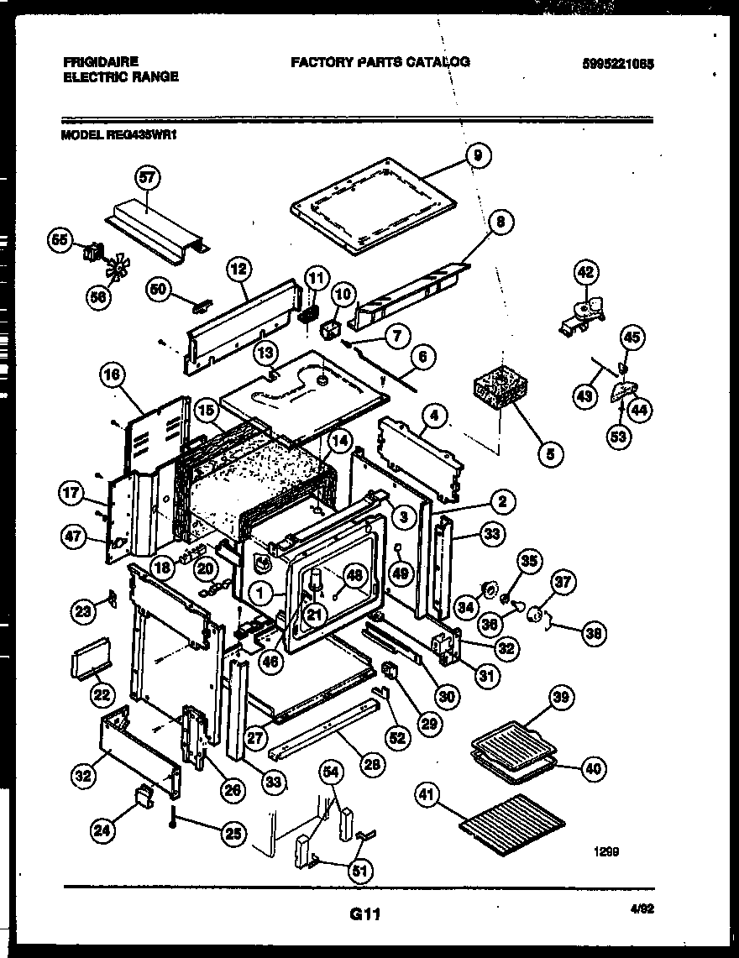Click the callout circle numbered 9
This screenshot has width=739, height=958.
tap(478, 155)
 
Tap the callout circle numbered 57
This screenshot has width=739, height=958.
tap(149, 177)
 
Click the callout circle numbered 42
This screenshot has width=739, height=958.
tap(586, 273)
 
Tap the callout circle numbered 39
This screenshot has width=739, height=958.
tap(560, 696)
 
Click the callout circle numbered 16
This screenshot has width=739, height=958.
tap(113, 377)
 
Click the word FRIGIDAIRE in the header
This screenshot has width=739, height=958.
tap(100, 62)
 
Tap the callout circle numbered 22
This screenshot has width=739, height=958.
tap(102, 695)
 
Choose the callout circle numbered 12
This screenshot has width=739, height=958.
tap(239, 270)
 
